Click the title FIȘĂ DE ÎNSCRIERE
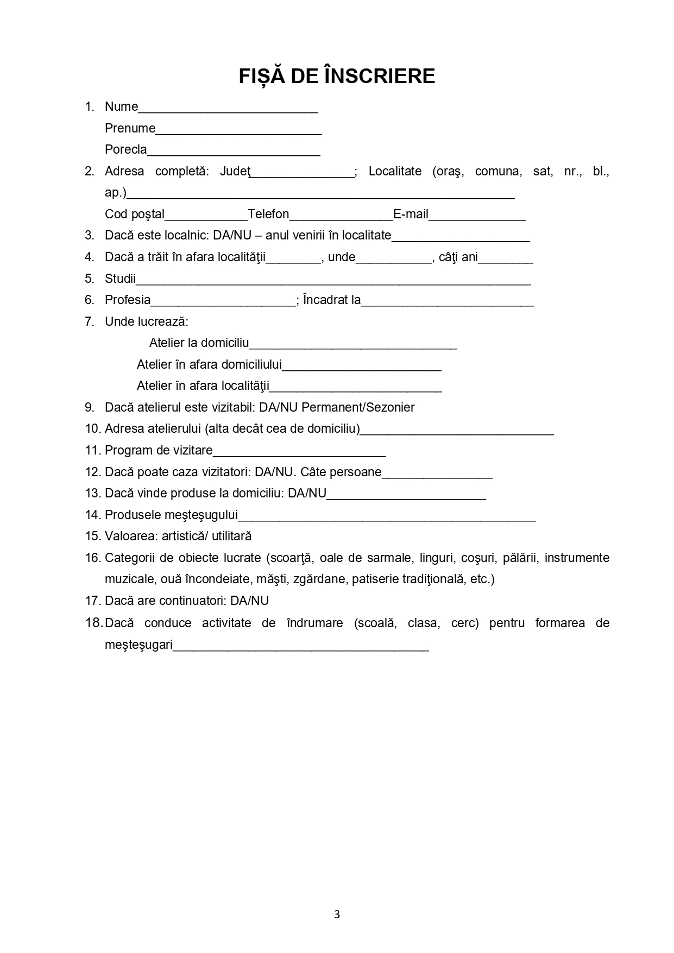(x=337, y=76)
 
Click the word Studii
(x=120, y=279)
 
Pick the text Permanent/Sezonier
(x=358, y=407)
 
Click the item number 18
(x=93, y=623)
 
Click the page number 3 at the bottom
(x=337, y=914)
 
